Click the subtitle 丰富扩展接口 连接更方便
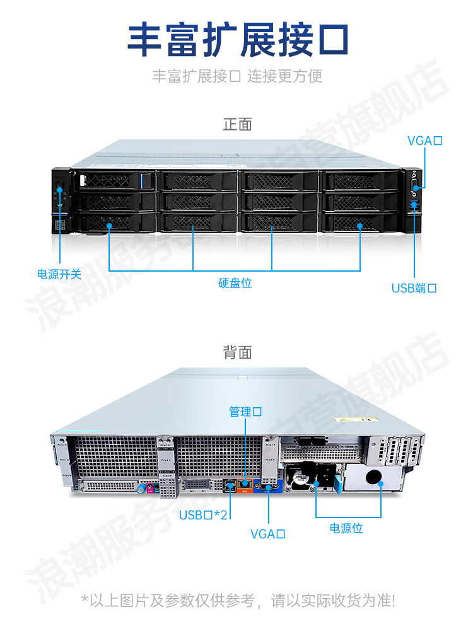(237, 76)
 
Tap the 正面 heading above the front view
(237, 124)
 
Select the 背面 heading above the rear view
(237, 352)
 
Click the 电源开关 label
(59, 274)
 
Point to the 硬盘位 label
(235, 283)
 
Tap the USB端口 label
(414, 288)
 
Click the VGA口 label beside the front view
(424, 140)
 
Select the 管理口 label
(245, 412)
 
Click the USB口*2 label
(203, 515)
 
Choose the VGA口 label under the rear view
(268, 534)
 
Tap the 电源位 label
(346, 528)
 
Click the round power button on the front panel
(60, 187)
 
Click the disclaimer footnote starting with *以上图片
(237, 600)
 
